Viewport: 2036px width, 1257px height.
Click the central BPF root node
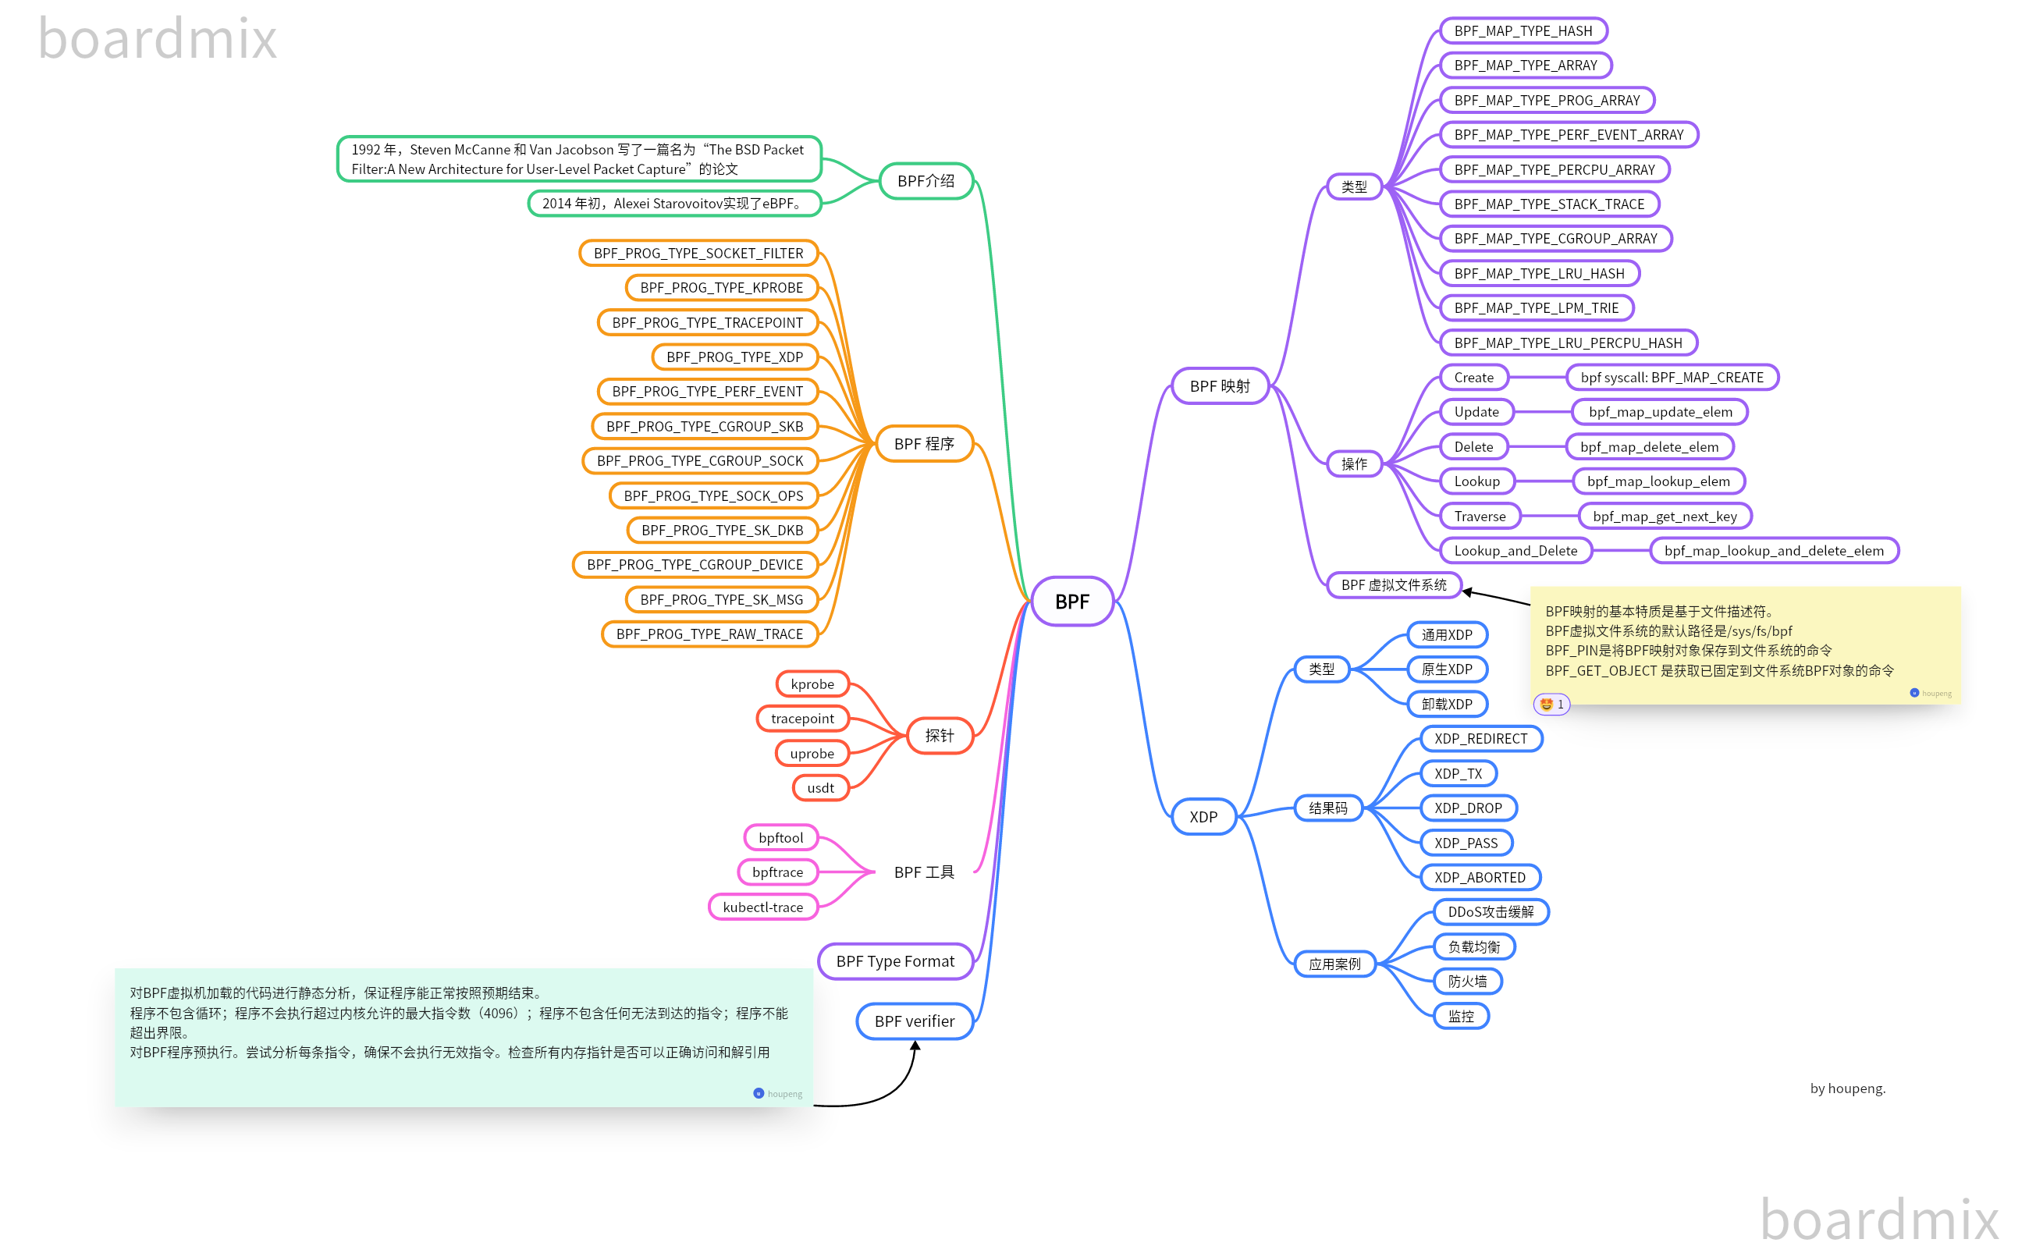(x=1071, y=601)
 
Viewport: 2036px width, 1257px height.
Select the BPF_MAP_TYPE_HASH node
(x=1523, y=30)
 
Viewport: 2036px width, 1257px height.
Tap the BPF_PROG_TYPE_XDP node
(x=734, y=357)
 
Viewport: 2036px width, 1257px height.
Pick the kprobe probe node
(x=812, y=684)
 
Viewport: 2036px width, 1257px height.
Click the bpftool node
(x=780, y=837)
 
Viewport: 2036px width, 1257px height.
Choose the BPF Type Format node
(x=894, y=961)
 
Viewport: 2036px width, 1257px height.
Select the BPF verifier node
(x=914, y=1021)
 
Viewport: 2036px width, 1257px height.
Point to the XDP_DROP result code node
(x=1467, y=808)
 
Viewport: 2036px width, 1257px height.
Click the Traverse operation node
(x=1479, y=517)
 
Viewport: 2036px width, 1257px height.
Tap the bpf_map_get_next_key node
(x=1665, y=517)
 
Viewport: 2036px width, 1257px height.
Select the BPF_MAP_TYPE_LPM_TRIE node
(x=1536, y=307)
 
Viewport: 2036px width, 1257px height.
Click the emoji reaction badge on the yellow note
(x=1551, y=704)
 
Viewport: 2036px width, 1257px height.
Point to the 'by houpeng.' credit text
(x=1847, y=1088)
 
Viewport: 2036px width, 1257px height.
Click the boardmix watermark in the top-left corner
(x=157, y=39)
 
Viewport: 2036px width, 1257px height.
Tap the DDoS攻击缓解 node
(x=1491, y=912)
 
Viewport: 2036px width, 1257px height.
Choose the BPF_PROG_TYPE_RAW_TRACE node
(x=709, y=634)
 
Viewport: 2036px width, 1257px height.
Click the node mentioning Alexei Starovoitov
(x=673, y=203)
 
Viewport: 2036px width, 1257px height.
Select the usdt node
(x=819, y=787)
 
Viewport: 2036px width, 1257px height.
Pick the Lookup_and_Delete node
(x=1515, y=550)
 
